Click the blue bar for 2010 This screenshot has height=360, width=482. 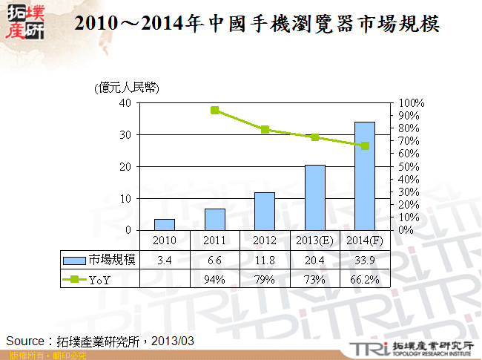(x=165, y=224)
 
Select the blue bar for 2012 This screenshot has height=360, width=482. (x=265, y=212)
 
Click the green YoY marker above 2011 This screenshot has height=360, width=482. (x=215, y=110)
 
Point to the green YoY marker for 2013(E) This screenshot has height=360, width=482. (x=315, y=137)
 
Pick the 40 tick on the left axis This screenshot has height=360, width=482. (x=125, y=103)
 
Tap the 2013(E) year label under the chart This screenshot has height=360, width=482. (x=315, y=240)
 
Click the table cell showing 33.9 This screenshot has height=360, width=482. (x=365, y=259)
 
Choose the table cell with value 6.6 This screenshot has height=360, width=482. (x=215, y=259)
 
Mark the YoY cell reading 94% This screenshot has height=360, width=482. (x=215, y=279)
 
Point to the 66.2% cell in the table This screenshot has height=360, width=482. (x=365, y=279)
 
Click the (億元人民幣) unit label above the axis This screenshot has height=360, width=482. (x=127, y=88)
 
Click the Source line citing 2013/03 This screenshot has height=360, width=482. (x=100, y=340)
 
